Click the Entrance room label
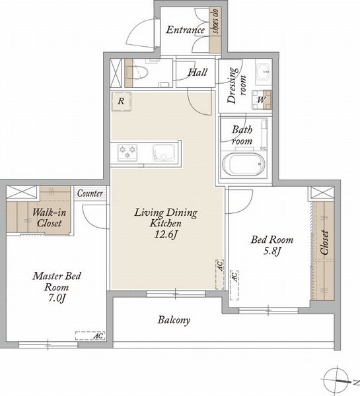click(185, 30)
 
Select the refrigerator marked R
click(122, 101)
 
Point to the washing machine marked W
click(262, 100)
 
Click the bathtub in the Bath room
click(244, 164)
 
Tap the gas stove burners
click(127, 153)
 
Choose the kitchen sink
click(164, 153)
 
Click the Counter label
click(90, 193)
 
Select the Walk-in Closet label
click(50, 217)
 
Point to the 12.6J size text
click(166, 234)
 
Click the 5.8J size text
click(272, 251)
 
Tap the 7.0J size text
click(57, 298)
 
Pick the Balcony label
click(174, 320)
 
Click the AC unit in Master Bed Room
click(90, 336)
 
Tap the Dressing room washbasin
click(264, 72)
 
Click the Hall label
click(198, 73)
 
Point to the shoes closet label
click(215, 21)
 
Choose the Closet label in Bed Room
click(324, 242)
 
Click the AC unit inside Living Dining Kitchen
click(220, 275)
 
